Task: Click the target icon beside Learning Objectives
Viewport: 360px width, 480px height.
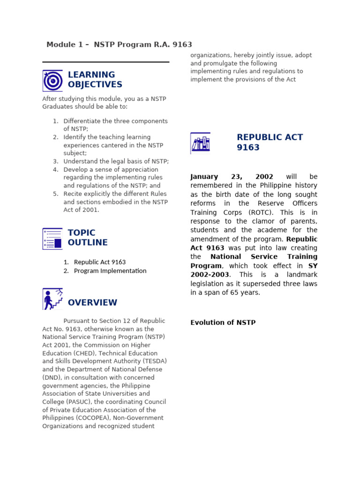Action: click(52, 81)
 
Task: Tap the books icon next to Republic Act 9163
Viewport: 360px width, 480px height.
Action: click(200, 143)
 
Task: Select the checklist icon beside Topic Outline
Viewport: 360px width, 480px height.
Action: click(52, 239)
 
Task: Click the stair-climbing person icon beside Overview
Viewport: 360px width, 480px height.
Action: click(52, 299)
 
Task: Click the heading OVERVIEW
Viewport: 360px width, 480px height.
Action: click(92, 303)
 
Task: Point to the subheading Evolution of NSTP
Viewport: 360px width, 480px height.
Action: click(223, 322)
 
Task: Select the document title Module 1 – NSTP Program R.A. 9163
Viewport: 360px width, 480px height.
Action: click(119, 45)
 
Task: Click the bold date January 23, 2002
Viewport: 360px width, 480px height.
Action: click(232, 177)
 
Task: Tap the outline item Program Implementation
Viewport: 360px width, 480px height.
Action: click(110, 271)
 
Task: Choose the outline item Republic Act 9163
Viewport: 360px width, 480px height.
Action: click(100, 262)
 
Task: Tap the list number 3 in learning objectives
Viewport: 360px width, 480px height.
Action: click(55, 161)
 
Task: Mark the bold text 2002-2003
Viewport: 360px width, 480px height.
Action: click(210, 275)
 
